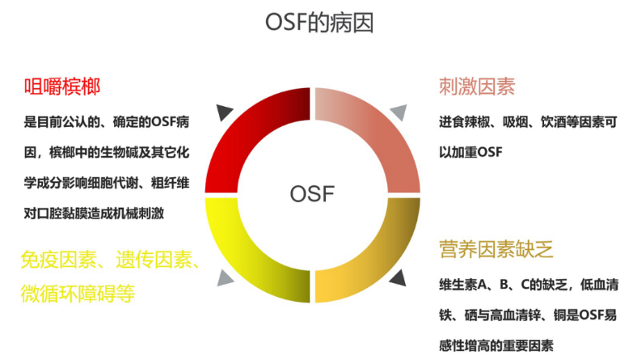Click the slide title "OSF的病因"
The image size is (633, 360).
319,22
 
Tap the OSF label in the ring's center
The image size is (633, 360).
312,194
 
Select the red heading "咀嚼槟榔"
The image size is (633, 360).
62,87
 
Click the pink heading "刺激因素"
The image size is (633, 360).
477,87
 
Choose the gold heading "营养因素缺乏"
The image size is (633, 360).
496,249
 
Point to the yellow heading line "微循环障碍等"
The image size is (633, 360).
78,294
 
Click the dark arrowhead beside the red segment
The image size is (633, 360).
224,112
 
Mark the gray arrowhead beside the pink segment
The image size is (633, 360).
399,112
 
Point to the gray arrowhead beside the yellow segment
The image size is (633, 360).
224,278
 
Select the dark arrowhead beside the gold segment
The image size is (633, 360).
399,278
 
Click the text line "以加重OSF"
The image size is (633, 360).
471,152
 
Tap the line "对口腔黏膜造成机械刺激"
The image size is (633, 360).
94,214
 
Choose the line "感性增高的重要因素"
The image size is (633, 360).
496,345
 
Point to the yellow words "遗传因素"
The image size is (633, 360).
154,260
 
